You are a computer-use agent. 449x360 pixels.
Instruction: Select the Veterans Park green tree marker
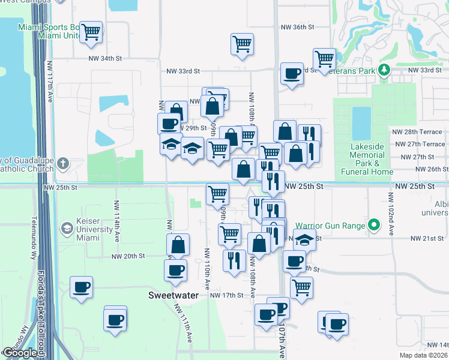click(384, 71)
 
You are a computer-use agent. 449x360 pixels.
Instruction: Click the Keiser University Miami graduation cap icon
click(67, 229)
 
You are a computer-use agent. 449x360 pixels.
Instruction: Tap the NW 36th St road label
click(298, 27)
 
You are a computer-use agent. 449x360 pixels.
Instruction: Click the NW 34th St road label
click(105, 58)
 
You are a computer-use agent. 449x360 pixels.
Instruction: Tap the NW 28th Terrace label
click(418, 131)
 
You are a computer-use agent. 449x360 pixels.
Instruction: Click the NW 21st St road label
click(427, 238)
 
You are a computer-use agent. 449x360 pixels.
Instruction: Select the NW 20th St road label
click(128, 256)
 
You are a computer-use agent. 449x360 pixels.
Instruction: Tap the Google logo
click(20, 353)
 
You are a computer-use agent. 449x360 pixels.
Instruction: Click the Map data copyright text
click(423, 355)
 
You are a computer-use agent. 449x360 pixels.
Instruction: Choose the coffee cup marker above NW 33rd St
click(292, 74)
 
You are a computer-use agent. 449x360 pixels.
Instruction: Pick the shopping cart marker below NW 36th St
click(242, 44)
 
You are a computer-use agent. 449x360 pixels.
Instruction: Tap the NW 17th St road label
click(226, 295)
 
